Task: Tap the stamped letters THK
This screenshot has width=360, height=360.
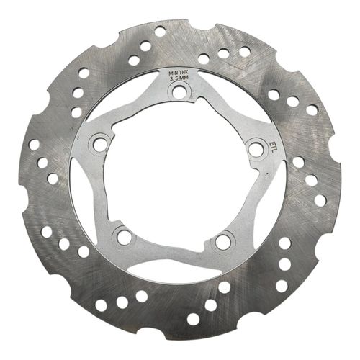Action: coord(185,73)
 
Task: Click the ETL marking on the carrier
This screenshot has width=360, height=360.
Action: coord(272,145)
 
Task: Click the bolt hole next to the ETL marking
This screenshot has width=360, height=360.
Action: coord(255,149)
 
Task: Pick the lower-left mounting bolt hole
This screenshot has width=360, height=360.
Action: coord(125,235)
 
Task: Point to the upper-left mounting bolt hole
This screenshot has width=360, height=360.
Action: coord(100,144)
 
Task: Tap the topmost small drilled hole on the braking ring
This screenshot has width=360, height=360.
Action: coord(160,32)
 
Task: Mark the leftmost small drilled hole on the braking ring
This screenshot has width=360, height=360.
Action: coord(34,144)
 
